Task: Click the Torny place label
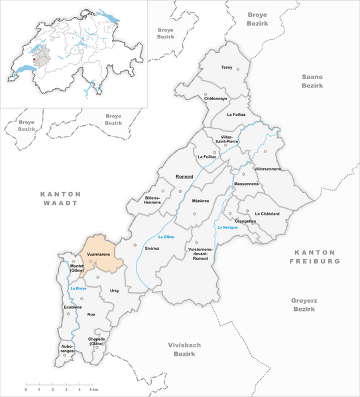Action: [x=227, y=68]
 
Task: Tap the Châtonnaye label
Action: [x=215, y=99]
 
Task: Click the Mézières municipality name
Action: [x=200, y=199]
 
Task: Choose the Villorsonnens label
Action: [x=267, y=169]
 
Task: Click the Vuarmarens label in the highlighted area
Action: [x=97, y=254]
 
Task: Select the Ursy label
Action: [x=115, y=290]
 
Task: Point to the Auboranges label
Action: [x=66, y=349]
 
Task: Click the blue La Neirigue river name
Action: [x=227, y=229]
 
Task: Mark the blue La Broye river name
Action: [x=78, y=289]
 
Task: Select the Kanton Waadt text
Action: [x=60, y=199]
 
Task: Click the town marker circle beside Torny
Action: [x=237, y=69]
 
